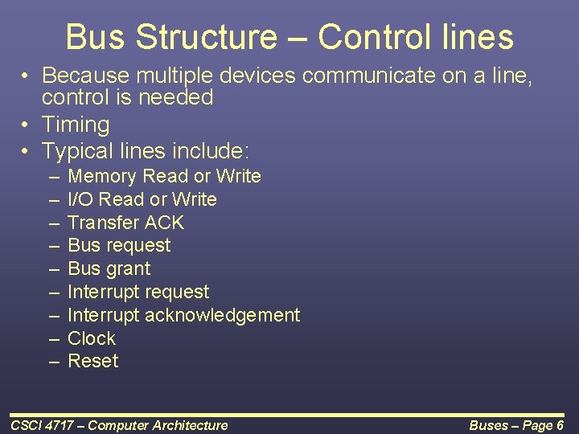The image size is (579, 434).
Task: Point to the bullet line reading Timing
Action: click(x=76, y=125)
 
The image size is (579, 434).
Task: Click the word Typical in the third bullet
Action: click(x=76, y=150)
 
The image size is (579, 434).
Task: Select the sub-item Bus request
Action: click(x=119, y=245)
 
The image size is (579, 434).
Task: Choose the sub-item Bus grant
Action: click(x=109, y=268)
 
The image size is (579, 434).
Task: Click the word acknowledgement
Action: click(x=222, y=315)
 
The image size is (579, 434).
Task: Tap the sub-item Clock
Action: click(x=92, y=338)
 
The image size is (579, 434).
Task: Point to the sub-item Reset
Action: click(x=93, y=361)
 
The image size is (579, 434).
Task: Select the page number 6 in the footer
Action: click(x=559, y=425)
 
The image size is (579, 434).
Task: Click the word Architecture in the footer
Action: click(x=191, y=425)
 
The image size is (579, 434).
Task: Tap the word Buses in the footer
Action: click(x=488, y=425)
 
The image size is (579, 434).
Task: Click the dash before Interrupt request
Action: click(x=54, y=292)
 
